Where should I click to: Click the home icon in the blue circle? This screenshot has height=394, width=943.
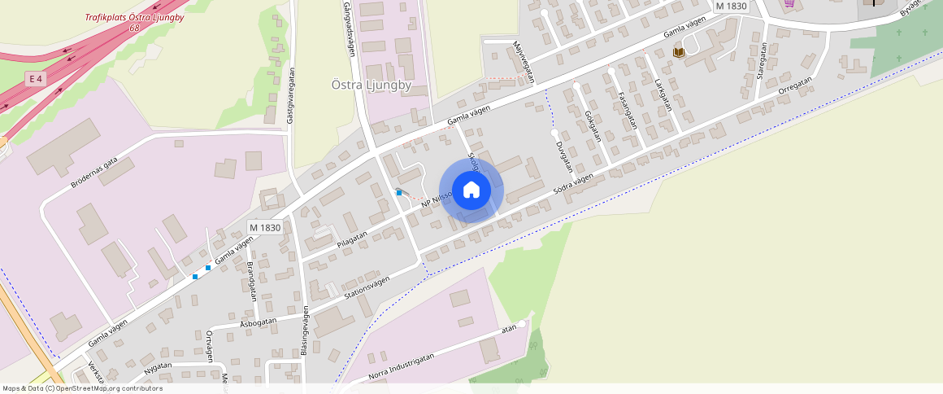click(x=471, y=190)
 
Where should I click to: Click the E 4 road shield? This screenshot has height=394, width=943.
click(x=34, y=79)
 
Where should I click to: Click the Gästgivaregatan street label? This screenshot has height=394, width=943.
click(x=289, y=96)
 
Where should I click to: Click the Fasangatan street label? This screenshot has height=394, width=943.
click(x=627, y=110)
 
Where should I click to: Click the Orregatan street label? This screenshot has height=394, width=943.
click(x=795, y=87)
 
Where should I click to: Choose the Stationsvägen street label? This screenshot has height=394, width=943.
click(x=367, y=287)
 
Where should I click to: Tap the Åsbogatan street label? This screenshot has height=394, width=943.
click(x=259, y=322)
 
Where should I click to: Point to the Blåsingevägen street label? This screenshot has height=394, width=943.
click(x=305, y=331)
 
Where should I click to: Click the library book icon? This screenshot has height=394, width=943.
click(x=678, y=53)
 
